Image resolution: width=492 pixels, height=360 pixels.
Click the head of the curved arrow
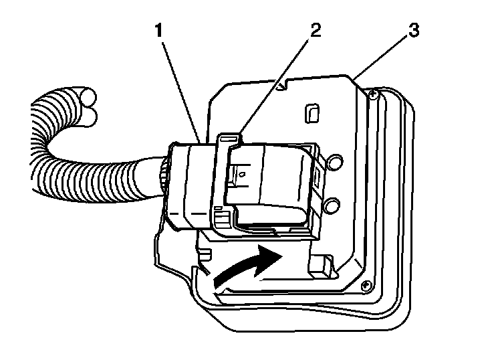(x=273, y=255)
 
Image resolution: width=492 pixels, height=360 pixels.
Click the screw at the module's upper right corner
(x=373, y=96)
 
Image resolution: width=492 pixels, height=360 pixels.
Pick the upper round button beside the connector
(x=334, y=161)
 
